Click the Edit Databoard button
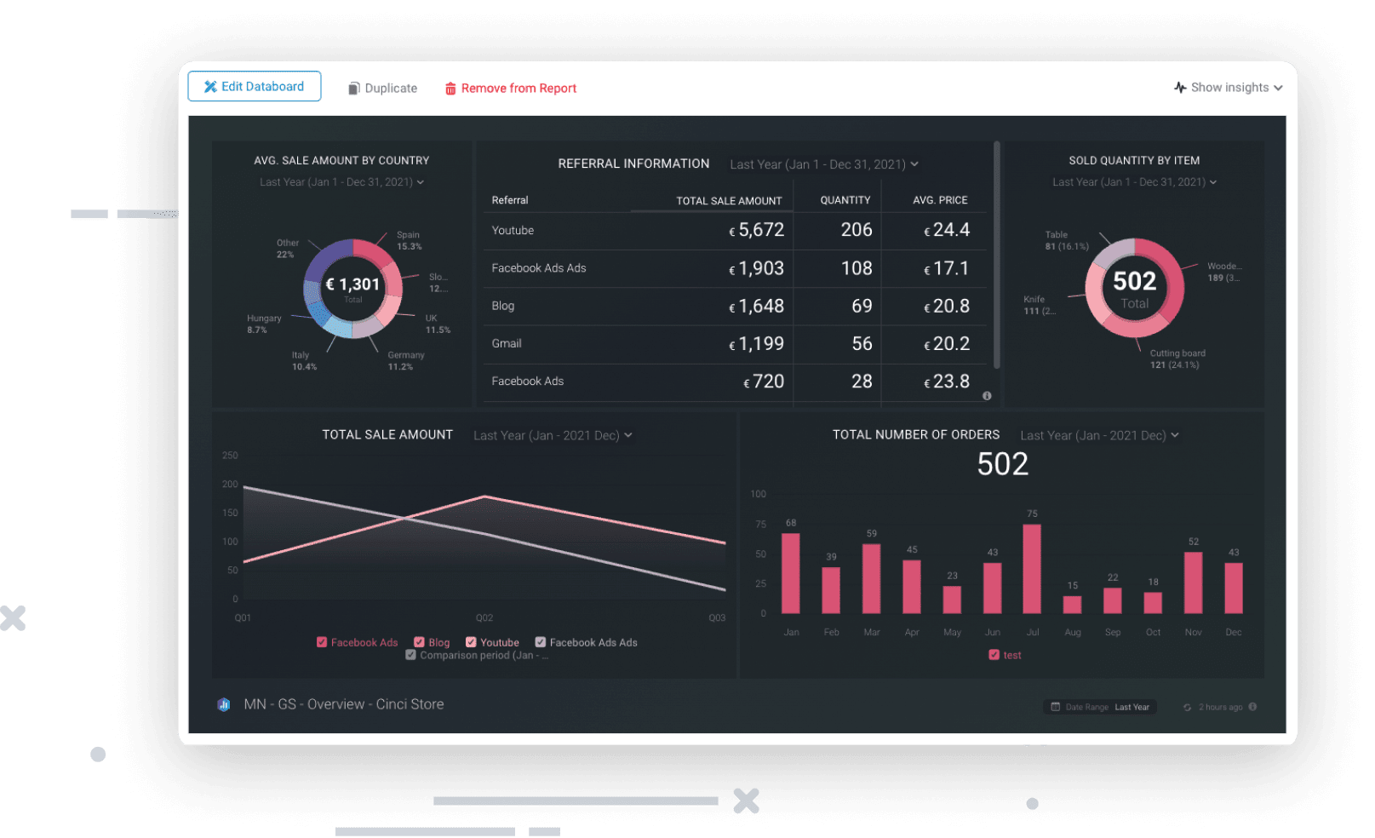(x=254, y=87)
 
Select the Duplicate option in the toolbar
(x=382, y=89)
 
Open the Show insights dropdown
(x=1228, y=88)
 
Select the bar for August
(x=1072, y=604)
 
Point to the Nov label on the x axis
(x=1193, y=633)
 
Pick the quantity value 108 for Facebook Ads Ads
(x=857, y=268)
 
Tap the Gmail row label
(x=507, y=344)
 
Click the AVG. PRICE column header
(x=940, y=200)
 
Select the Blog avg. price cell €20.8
(x=947, y=307)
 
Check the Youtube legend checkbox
(x=472, y=642)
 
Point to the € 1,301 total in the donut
(x=352, y=284)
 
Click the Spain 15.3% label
(x=409, y=241)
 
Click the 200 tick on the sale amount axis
(x=230, y=485)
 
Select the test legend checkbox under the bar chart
(x=994, y=655)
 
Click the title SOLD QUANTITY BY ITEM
(x=1134, y=160)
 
